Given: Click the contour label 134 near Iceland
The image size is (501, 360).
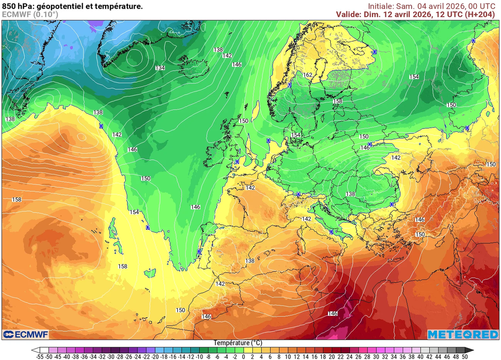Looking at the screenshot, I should coord(159,68).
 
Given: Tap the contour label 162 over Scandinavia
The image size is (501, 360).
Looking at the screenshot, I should coord(308,75).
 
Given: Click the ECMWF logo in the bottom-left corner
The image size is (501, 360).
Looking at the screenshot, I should coord(23,334).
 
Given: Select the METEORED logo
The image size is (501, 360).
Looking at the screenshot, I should coord(463,334).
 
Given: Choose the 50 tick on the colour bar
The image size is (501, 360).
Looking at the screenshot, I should coord(464,357).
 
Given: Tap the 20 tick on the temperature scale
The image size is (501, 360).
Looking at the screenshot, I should coord(332,357).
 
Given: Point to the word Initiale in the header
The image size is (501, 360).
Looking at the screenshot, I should coord(381,6).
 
